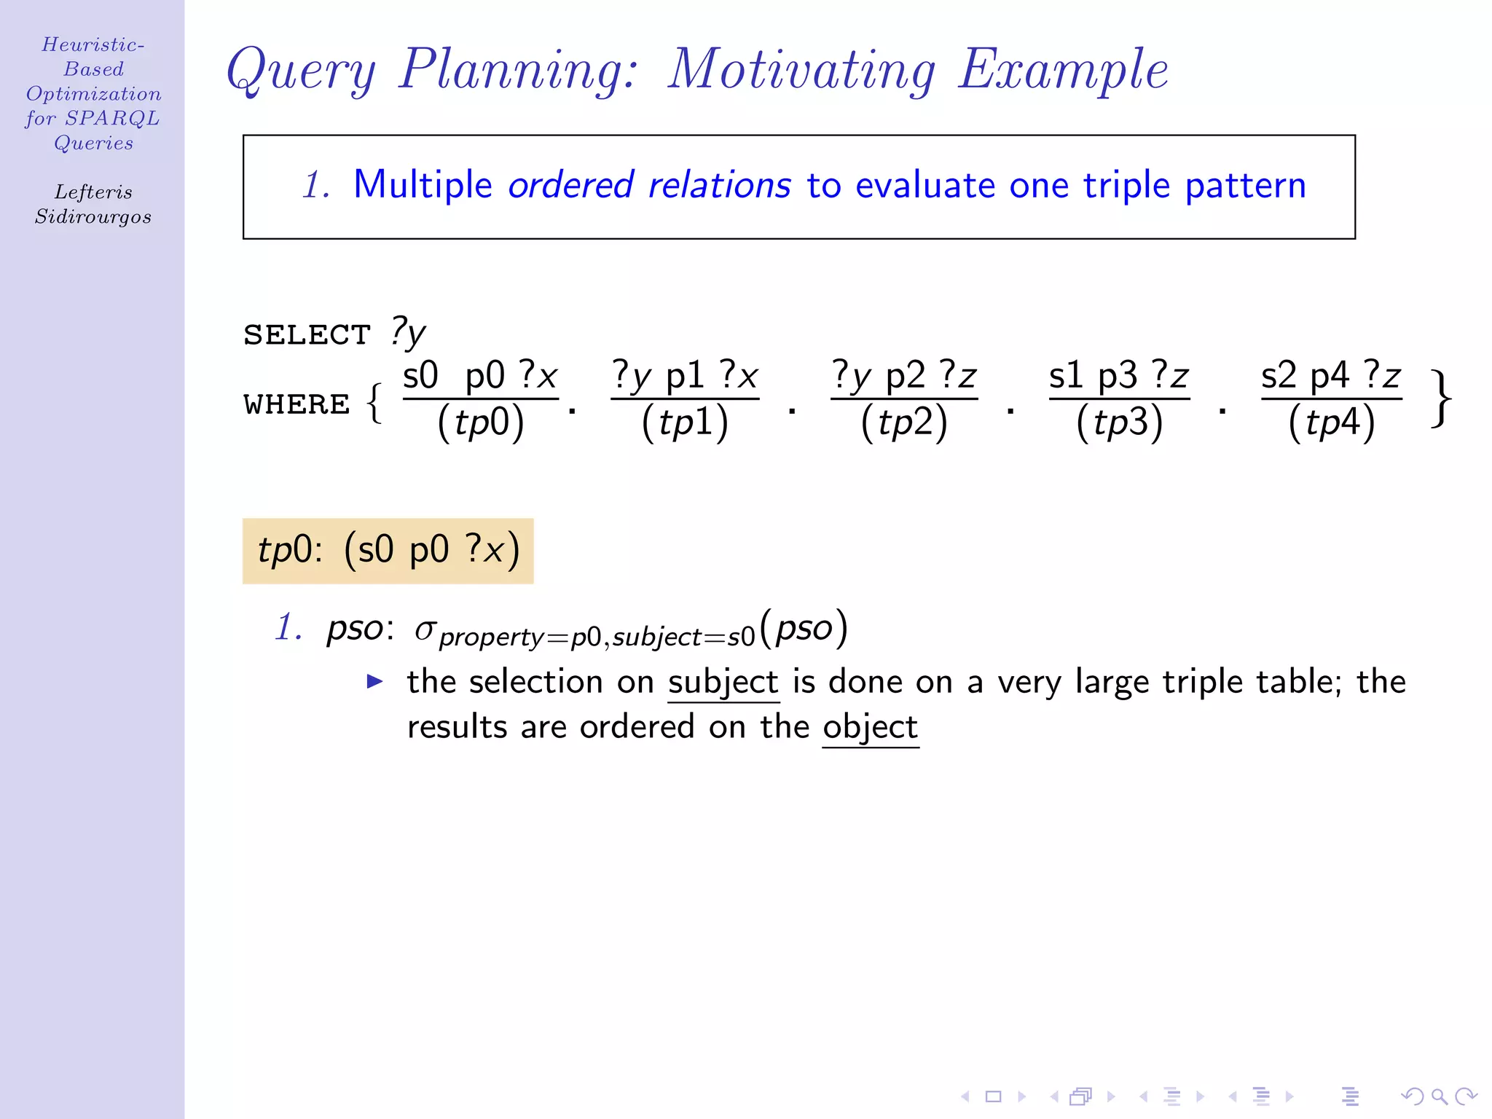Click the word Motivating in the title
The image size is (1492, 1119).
[x=801, y=70]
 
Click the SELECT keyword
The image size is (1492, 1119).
[x=307, y=335]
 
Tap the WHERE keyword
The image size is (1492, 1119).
[x=297, y=404]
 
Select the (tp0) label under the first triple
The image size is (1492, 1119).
[x=481, y=423]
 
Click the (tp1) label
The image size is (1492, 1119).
[x=685, y=423]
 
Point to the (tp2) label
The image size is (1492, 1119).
[x=904, y=423]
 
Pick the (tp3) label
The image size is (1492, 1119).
[x=1120, y=423]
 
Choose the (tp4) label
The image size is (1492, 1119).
[x=1332, y=423]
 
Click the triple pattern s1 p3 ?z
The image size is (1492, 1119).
[x=1119, y=377]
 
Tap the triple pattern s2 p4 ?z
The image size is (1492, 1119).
[x=1331, y=377]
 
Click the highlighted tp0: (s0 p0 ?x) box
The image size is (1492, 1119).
[x=388, y=551]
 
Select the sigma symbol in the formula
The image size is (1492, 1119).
[x=425, y=629]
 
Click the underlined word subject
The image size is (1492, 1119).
[x=723, y=683]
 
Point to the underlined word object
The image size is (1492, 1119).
[x=870, y=727]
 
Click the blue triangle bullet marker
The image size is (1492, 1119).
[x=374, y=682]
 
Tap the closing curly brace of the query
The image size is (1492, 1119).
[x=1441, y=399]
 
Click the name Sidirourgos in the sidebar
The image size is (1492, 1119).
[x=93, y=217]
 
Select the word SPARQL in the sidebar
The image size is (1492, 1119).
[x=112, y=119]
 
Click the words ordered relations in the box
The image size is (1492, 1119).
[x=649, y=185]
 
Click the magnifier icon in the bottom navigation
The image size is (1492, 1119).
[x=1439, y=1096]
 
